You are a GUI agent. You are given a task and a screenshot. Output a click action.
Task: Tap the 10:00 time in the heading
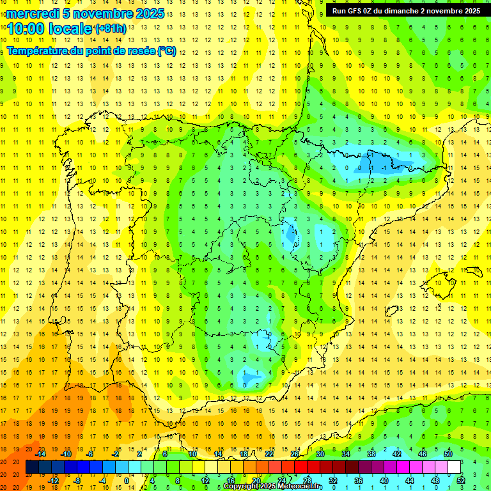[x=26, y=29]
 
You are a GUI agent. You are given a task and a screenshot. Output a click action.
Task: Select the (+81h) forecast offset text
[x=110, y=29]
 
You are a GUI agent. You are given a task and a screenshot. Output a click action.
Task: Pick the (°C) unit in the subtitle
[x=166, y=51]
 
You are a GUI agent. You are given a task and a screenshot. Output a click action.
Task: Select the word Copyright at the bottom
[x=241, y=487]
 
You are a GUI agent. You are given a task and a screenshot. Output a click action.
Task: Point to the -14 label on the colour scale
[x=41, y=454]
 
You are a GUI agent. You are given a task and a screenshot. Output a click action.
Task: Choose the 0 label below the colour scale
[x=127, y=481]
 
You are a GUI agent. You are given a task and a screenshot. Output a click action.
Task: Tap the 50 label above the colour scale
[x=448, y=454]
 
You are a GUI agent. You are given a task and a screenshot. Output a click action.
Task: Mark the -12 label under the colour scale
[x=54, y=481]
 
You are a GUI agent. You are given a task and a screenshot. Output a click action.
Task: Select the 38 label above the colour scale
[x=371, y=454]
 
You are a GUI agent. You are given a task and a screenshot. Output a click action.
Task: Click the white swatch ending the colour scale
[x=455, y=467]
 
